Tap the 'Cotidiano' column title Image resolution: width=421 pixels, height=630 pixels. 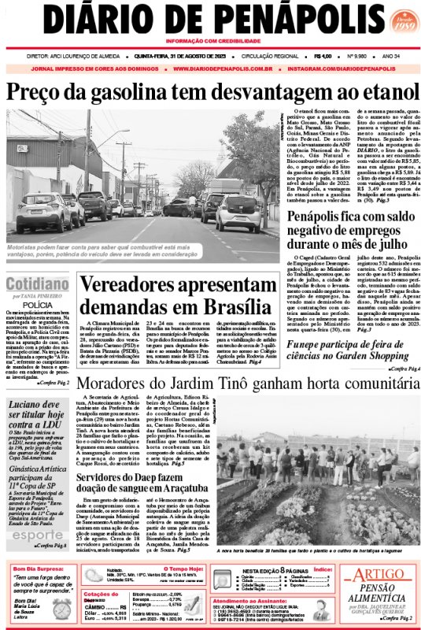(x=37, y=284)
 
